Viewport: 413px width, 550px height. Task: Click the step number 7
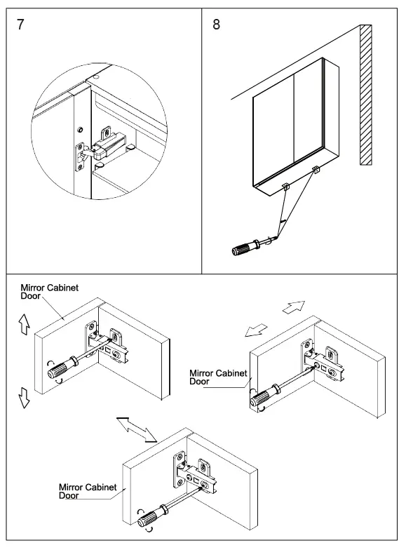pos(21,25)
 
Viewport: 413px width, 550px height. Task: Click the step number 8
pos(216,25)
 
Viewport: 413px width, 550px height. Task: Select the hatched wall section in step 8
pos(366,95)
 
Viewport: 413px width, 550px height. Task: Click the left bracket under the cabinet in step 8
pos(286,187)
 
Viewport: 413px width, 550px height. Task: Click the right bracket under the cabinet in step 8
pos(316,170)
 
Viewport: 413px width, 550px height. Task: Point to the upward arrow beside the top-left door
pos(24,324)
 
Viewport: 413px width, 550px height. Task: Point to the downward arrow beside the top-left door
pos(24,397)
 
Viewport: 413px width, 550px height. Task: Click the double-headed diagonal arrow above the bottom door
pos(136,429)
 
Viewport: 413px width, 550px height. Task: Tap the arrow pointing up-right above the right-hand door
pos(293,307)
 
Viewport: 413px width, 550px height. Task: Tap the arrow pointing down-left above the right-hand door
pos(256,330)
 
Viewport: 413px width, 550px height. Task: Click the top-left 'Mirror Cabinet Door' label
pos(49,292)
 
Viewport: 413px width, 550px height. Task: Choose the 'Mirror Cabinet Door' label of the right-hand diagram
pos(218,377)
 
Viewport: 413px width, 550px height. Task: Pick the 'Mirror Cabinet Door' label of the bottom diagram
pos(88,491)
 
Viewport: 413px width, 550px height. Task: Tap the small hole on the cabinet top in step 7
pos(97,76)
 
